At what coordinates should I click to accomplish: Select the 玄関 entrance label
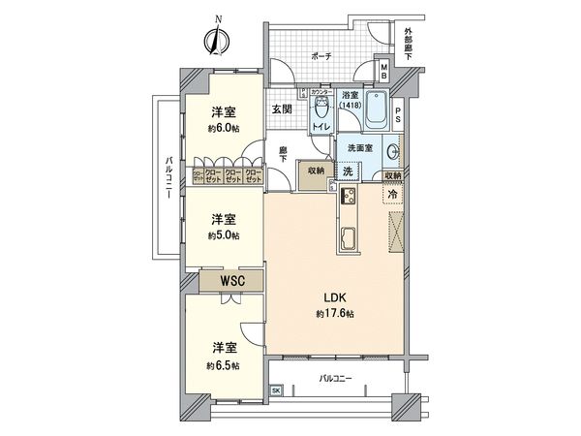pos(282,109)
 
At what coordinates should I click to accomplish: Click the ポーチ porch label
pos(321,57)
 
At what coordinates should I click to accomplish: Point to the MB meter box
pos(382,71)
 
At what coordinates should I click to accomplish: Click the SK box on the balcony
pos(276,389)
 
